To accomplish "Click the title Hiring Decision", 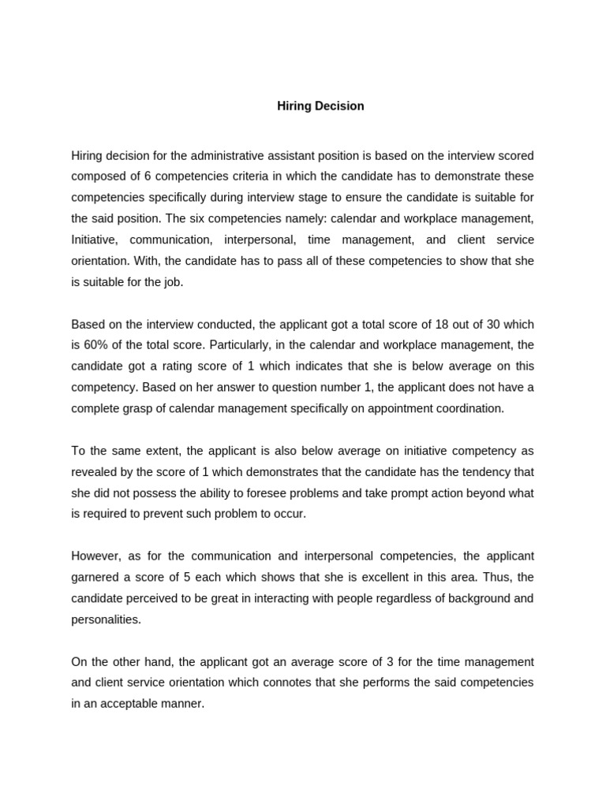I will [x=320, y=106].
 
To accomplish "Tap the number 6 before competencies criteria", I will [x=148, y=176].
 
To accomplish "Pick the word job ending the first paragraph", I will [x=172, y=282].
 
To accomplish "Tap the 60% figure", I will [x=96, y=345].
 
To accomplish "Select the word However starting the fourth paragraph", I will [x=95, y=556].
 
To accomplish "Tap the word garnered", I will [x=95, y=577].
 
